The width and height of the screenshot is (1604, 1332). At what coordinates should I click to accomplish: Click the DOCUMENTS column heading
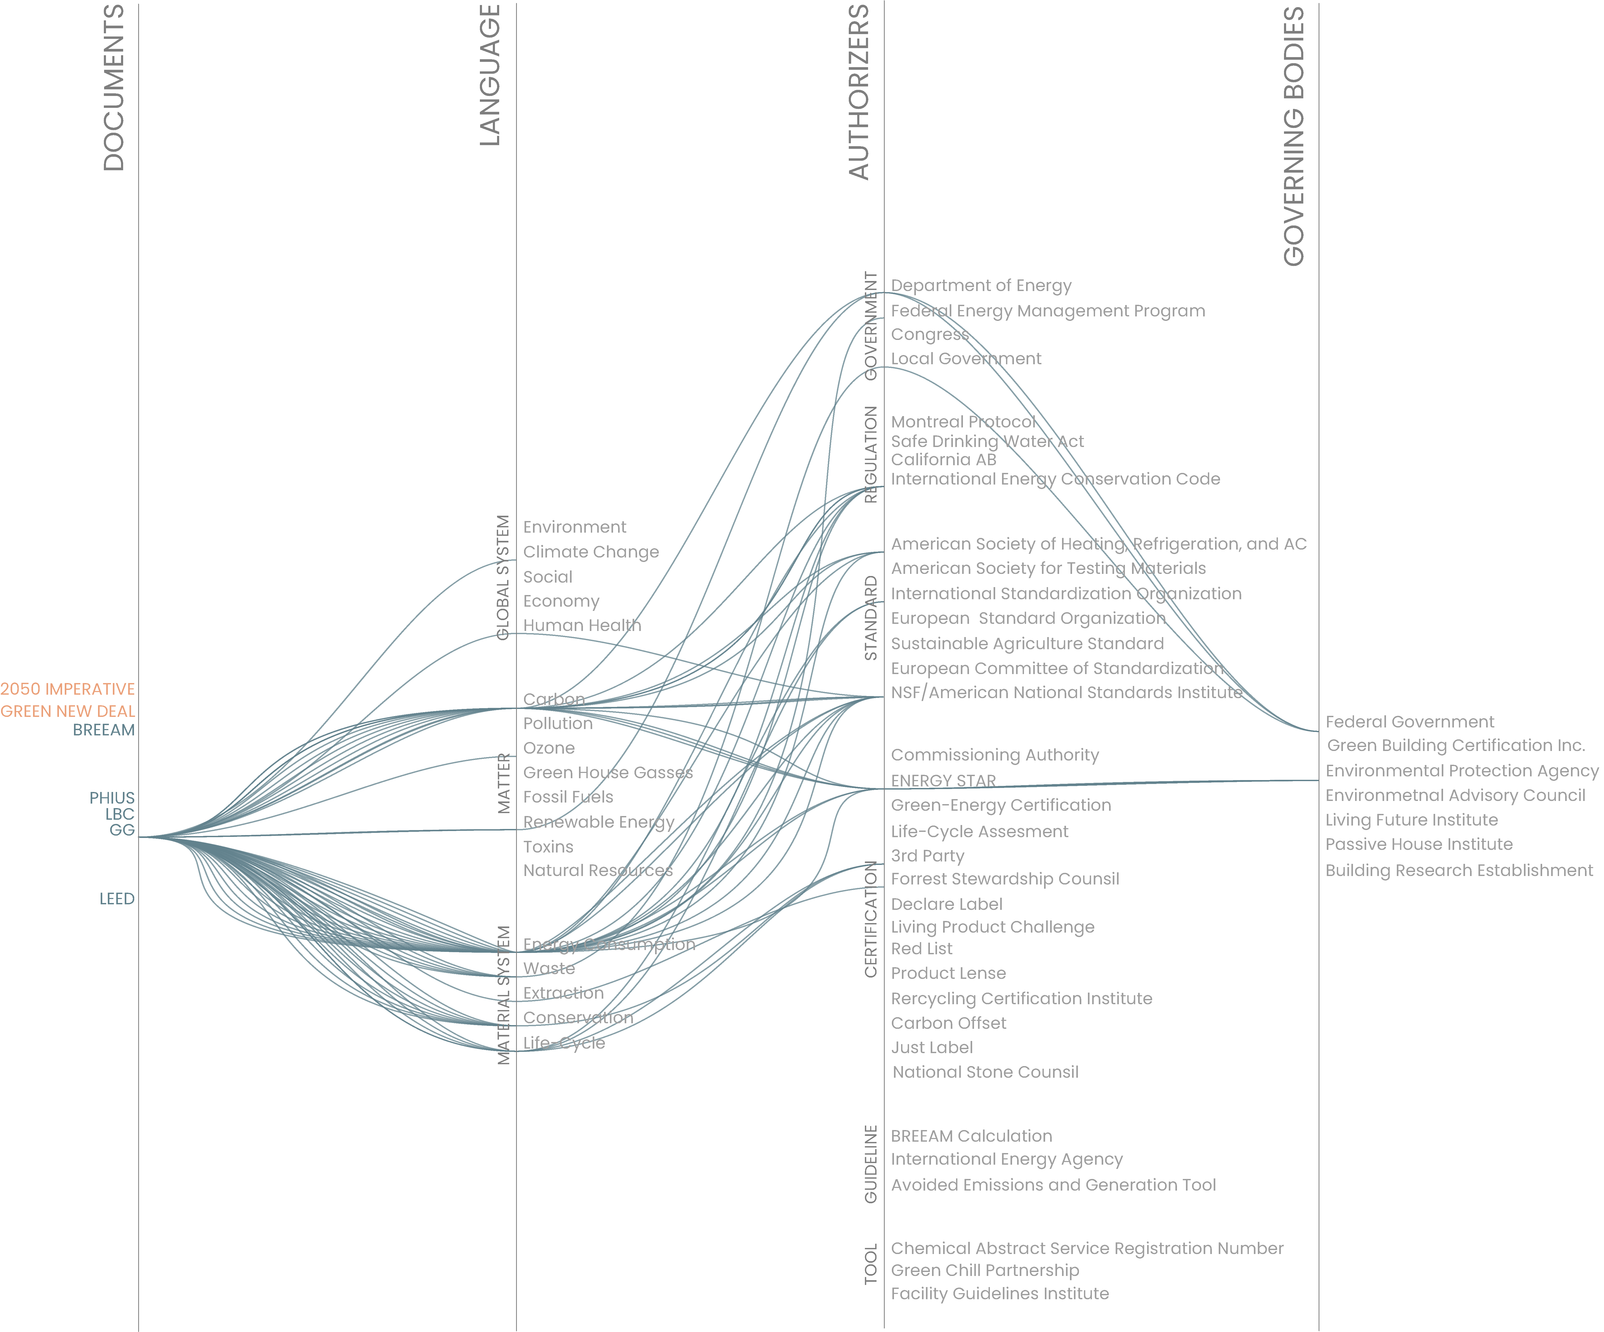[x=114, y=88]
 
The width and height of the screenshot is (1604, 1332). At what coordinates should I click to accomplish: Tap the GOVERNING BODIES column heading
[x=1294, y=136]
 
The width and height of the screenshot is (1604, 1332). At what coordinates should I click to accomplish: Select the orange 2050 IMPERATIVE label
[x=67, y=689]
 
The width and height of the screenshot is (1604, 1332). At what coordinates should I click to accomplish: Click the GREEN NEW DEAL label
[x=67, y=712]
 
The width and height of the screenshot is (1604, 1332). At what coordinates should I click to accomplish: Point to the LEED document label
[x=117, y=899]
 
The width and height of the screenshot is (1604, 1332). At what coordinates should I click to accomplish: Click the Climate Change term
[x=590, y=552]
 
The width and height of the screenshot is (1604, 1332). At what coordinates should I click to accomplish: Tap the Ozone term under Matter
[x=548, y=748]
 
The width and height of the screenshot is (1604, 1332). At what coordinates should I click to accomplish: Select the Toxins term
[x=548, y=847]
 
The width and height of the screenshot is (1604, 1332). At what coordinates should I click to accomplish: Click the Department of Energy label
[x=981, y=286]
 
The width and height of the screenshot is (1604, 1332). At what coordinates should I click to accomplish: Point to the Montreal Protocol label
[x=963, y=422]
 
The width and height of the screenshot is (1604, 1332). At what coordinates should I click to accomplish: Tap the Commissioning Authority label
[x=994, y=755]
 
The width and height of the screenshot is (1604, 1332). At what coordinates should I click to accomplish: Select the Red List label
[x=921, y=949]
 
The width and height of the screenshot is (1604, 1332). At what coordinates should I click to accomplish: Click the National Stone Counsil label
[x=985, y=1072]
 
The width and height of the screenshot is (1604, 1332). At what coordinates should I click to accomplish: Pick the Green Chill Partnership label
[x=985, y=1270]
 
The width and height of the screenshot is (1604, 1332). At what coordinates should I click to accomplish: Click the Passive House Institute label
[x=1418, y=845]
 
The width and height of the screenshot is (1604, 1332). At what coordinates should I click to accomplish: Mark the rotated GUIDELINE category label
[x=871, y=1164]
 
